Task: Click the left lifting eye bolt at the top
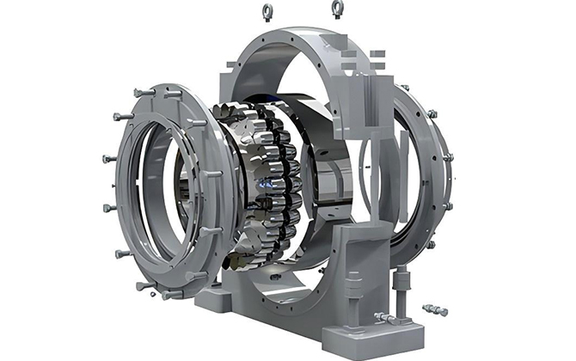267,11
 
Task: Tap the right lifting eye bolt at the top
337,9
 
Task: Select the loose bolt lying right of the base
436,309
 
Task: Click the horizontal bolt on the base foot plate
385,318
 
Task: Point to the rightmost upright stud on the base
401,282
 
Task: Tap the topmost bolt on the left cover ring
144,92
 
